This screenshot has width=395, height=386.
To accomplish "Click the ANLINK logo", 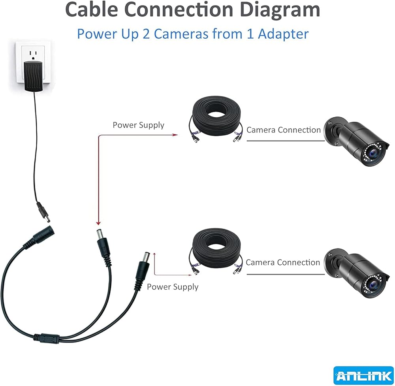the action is pos(363,375).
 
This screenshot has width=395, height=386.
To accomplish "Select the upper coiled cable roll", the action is pos(216,119).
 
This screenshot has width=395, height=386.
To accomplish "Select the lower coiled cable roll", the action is pos(216,251).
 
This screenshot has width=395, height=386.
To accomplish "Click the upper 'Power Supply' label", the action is pos(138,125).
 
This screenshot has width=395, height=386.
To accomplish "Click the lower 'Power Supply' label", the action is pos(173,287).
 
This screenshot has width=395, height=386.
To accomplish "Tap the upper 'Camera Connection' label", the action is pos(283,130).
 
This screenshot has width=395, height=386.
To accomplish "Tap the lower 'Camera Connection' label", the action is pos(283,262).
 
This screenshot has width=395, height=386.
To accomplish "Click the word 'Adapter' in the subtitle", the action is pos(283,34).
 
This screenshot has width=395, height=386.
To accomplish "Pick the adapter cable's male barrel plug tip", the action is pos(47,219).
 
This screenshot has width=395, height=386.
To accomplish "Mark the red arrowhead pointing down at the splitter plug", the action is pos(98,223).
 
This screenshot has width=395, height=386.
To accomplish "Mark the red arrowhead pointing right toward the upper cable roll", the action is pos(175,135).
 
